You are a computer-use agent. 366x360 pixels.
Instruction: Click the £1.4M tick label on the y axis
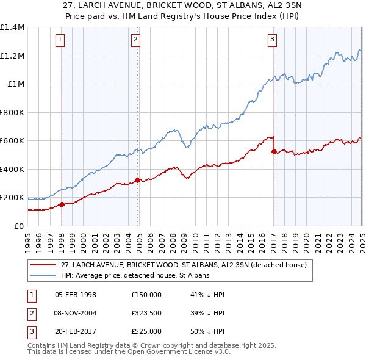12,27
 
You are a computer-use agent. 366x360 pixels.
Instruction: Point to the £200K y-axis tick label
12,198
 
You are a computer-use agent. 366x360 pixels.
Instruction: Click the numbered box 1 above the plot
61,40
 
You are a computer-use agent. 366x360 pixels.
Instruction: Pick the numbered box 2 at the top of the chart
135,40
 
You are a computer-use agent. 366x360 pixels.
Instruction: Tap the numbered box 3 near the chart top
272,40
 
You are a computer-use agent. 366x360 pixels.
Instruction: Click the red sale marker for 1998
62,204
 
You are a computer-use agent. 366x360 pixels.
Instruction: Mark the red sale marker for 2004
137,180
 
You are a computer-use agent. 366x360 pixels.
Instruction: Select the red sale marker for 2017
274,151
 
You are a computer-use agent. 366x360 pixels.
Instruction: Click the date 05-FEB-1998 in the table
76,295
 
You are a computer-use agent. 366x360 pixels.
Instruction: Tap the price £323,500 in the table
146,313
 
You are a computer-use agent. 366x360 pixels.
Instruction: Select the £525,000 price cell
146,331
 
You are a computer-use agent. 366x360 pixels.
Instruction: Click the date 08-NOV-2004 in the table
76,313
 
